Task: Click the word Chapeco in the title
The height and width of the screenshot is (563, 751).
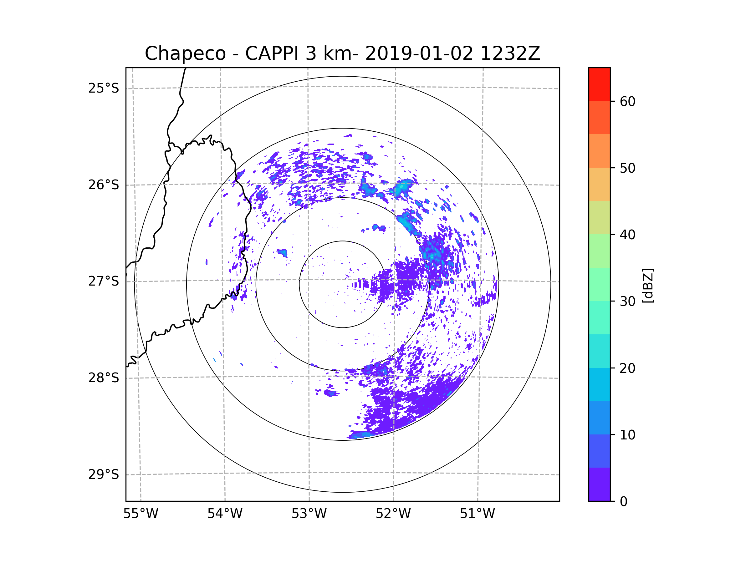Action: pyautogui.click(x=185, y=53)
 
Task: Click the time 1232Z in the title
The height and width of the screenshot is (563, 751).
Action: pyautogui.click(x=510, y=53)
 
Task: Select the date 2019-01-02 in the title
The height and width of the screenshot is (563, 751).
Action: pyautogui.click(x=419, y=53)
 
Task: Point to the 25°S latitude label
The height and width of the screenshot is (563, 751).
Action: pyautogui.click(x=104, y=88)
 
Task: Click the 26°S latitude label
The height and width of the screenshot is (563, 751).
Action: pyautogui.click(x=104, y=185)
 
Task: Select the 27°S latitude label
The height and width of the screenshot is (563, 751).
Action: pyautogui.click(x=104, y=281)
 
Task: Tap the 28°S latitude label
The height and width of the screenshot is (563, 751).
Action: pyautogui.click(x=104, y=378)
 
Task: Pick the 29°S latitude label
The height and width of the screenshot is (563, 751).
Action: pyautogui.click(x=104, y=474)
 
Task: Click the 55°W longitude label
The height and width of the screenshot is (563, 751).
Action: pyautogui.click(x=140, y=514)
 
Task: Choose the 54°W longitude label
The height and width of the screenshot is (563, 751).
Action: pyautogui.click(x=225, y=514)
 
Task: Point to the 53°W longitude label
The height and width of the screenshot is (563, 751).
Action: pyautogui.click(x=309, y=514)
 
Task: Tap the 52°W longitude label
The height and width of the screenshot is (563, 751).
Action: pyautogui.click(x=393, y=514)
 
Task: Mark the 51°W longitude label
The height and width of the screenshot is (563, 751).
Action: pyautogui.click(x=477, y=514)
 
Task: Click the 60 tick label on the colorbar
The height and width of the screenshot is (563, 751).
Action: pyautogui.click(x=627, y=101)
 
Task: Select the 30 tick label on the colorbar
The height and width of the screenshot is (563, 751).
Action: pyautogui.click(x=627, y=301)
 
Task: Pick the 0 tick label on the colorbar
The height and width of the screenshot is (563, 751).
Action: pyautogui.click(x=624, y=502)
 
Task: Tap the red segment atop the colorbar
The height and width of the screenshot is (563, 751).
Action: pyautogui.click(x=599, y=84)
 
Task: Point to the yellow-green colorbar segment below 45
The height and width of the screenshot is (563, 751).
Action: pyautogui.click(x=599, y=217)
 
